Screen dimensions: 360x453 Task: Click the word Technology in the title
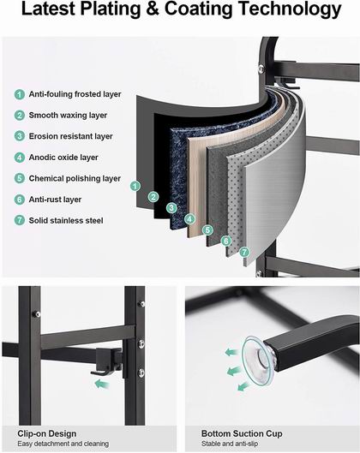coord(291,9)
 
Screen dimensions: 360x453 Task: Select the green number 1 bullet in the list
coord(20,94)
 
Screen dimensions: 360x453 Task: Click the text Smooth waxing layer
coord(68,116)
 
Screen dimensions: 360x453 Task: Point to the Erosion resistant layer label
coord(70,136)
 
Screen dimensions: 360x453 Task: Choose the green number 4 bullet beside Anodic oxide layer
coord(20,158)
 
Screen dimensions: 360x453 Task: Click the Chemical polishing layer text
coord(75,178)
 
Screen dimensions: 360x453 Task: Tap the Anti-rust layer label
coord(55,200)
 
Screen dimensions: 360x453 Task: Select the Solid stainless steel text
coord(66,221)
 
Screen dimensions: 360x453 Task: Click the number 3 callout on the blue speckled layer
coord(171,208)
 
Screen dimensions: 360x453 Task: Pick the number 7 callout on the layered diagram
coord(244,252)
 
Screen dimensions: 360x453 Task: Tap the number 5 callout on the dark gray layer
coord(207,230)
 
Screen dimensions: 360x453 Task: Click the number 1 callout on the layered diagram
coord(135,186)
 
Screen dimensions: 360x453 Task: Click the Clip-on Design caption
coord(47,433)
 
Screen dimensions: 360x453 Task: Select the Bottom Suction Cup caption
coord(242,433)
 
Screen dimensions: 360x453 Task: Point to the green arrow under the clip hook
coord(102,384)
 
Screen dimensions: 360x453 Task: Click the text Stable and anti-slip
coord(230,444)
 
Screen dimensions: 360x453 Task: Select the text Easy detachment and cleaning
coord(63,444)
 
